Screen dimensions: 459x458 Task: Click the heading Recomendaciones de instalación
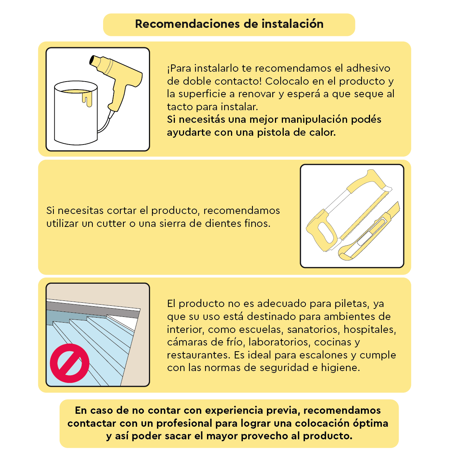229,24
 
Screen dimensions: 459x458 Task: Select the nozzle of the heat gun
95,61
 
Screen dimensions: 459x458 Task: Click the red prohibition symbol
69,363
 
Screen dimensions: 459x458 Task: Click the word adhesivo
368,68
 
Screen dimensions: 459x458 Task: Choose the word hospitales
370,329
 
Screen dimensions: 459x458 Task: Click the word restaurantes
199,355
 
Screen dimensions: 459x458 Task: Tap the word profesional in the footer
184,424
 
